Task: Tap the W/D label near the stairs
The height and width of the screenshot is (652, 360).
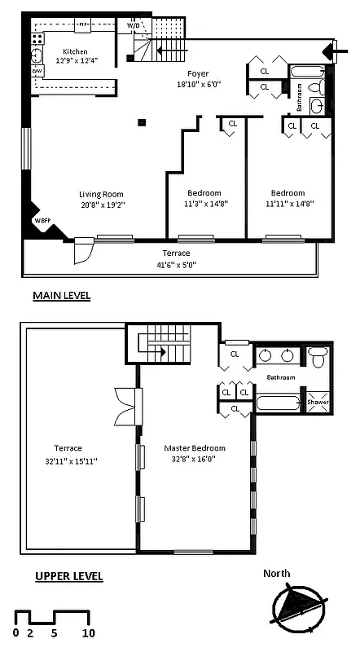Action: pyautogui.click(x=133, y=26)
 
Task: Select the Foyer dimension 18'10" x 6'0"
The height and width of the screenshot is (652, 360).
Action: pyautogui.click(x=198, y=84)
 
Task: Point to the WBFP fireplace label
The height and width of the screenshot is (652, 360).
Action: pyautogui.click(x=42, y=221)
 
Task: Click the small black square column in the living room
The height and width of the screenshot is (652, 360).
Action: pyautogui.click(x=142, y=122)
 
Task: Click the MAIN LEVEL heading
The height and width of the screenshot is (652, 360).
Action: pyautogui.click(x=61, y=295)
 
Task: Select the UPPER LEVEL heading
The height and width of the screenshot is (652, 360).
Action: pyautogui.click(x=68, y=576)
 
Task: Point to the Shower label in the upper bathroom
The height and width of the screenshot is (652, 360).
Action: pyautogui.click(x=317, y=402)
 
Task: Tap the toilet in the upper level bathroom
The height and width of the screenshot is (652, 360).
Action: pyautogui.click(x=318, y=356)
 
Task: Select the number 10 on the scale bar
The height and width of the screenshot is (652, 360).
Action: pyautogui.click(x=89, y=632)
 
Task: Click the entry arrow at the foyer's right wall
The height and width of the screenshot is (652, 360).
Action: pyautogui.click(x=339, y=52)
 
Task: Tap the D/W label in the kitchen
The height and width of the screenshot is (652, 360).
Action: pyautogui.click(x=37, y=71)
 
